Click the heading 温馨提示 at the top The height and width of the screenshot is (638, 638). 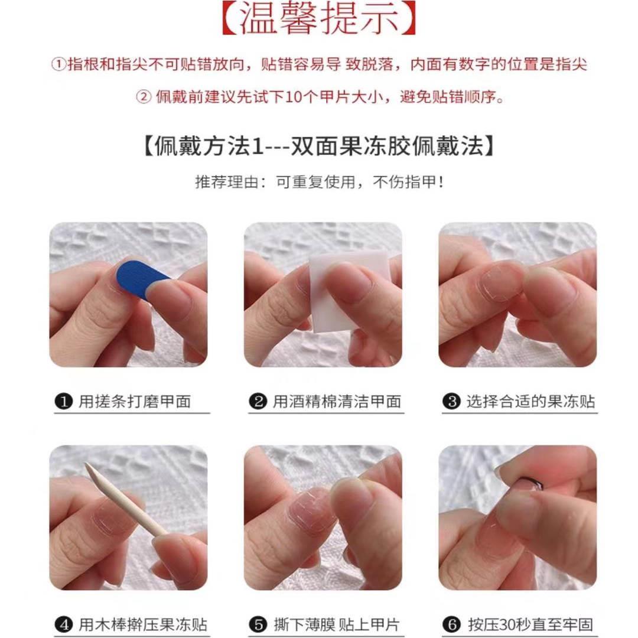pyautogui.click(x=319, y=19)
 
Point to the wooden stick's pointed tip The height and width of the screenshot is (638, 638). pyautogui.click(x=88, y=467)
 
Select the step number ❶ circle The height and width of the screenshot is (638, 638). pyautogui.click(x=63, y=402)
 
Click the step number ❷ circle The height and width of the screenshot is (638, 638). pyautogui.click(x=258, y=402)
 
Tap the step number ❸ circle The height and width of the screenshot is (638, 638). pyautogui.click(x=451, y=402)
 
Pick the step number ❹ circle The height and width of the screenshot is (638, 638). pyautogui.click(x=63, y=624)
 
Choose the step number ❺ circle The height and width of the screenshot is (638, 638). pyautogui.click(x=258, y=624)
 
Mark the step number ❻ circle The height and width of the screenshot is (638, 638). pyautogui.click(x=451, y=624)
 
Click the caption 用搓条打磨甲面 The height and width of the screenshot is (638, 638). pyautogui.click(x=135, y=402)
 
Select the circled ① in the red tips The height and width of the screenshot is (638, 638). pyautogui.click(x=58, y=65)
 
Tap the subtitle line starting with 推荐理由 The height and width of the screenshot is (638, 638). pyautogui.click(x=319, y=182)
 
